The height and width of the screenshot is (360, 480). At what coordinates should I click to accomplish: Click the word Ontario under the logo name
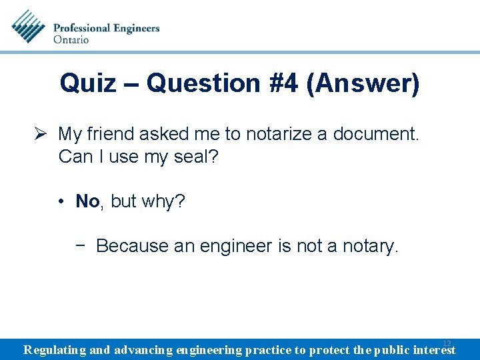click(x=71, y=39)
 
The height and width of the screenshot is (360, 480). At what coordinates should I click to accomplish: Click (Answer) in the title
click(x=363, y=84)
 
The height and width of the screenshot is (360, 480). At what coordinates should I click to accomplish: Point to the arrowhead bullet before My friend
click(x=42, y=134)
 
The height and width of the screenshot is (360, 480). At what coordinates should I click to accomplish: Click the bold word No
click(x=87, y=201)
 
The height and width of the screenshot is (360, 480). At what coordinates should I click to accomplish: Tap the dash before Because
click(x=81, y=245)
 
